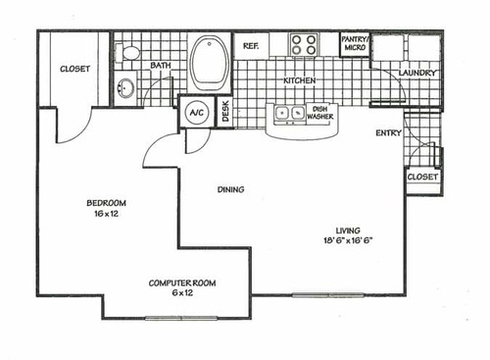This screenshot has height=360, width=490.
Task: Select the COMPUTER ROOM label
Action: tap(181, 283)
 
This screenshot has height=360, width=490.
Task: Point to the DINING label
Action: tap(231, 189)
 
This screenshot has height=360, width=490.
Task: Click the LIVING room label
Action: tap(349, 231)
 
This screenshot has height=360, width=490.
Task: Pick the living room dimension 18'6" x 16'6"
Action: tap(349, 242)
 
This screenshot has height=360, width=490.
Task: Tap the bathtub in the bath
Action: tap(208, 61)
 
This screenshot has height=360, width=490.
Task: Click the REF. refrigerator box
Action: tap(250, 45)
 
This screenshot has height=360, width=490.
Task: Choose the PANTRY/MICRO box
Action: tap(354, 44)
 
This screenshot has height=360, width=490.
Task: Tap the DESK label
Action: tap(225, 112)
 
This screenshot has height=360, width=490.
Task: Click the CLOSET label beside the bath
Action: tap(75, 70)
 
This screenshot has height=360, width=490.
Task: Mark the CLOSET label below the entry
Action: tap(421, 178)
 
